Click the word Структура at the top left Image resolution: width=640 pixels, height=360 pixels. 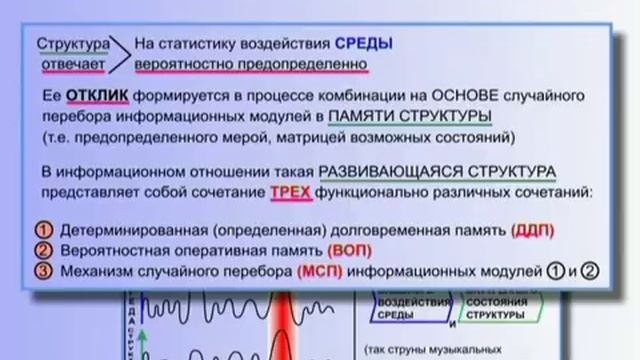(x=72, y=43)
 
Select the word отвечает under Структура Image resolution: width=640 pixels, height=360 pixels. (x=72, y=64)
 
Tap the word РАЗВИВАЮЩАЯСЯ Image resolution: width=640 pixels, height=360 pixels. (x=387, y=169)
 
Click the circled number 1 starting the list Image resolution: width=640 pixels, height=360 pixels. (x=43, y=230)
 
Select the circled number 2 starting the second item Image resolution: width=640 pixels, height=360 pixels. (x=43, y=250)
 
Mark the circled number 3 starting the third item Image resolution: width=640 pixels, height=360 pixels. (x=43, y=270)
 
